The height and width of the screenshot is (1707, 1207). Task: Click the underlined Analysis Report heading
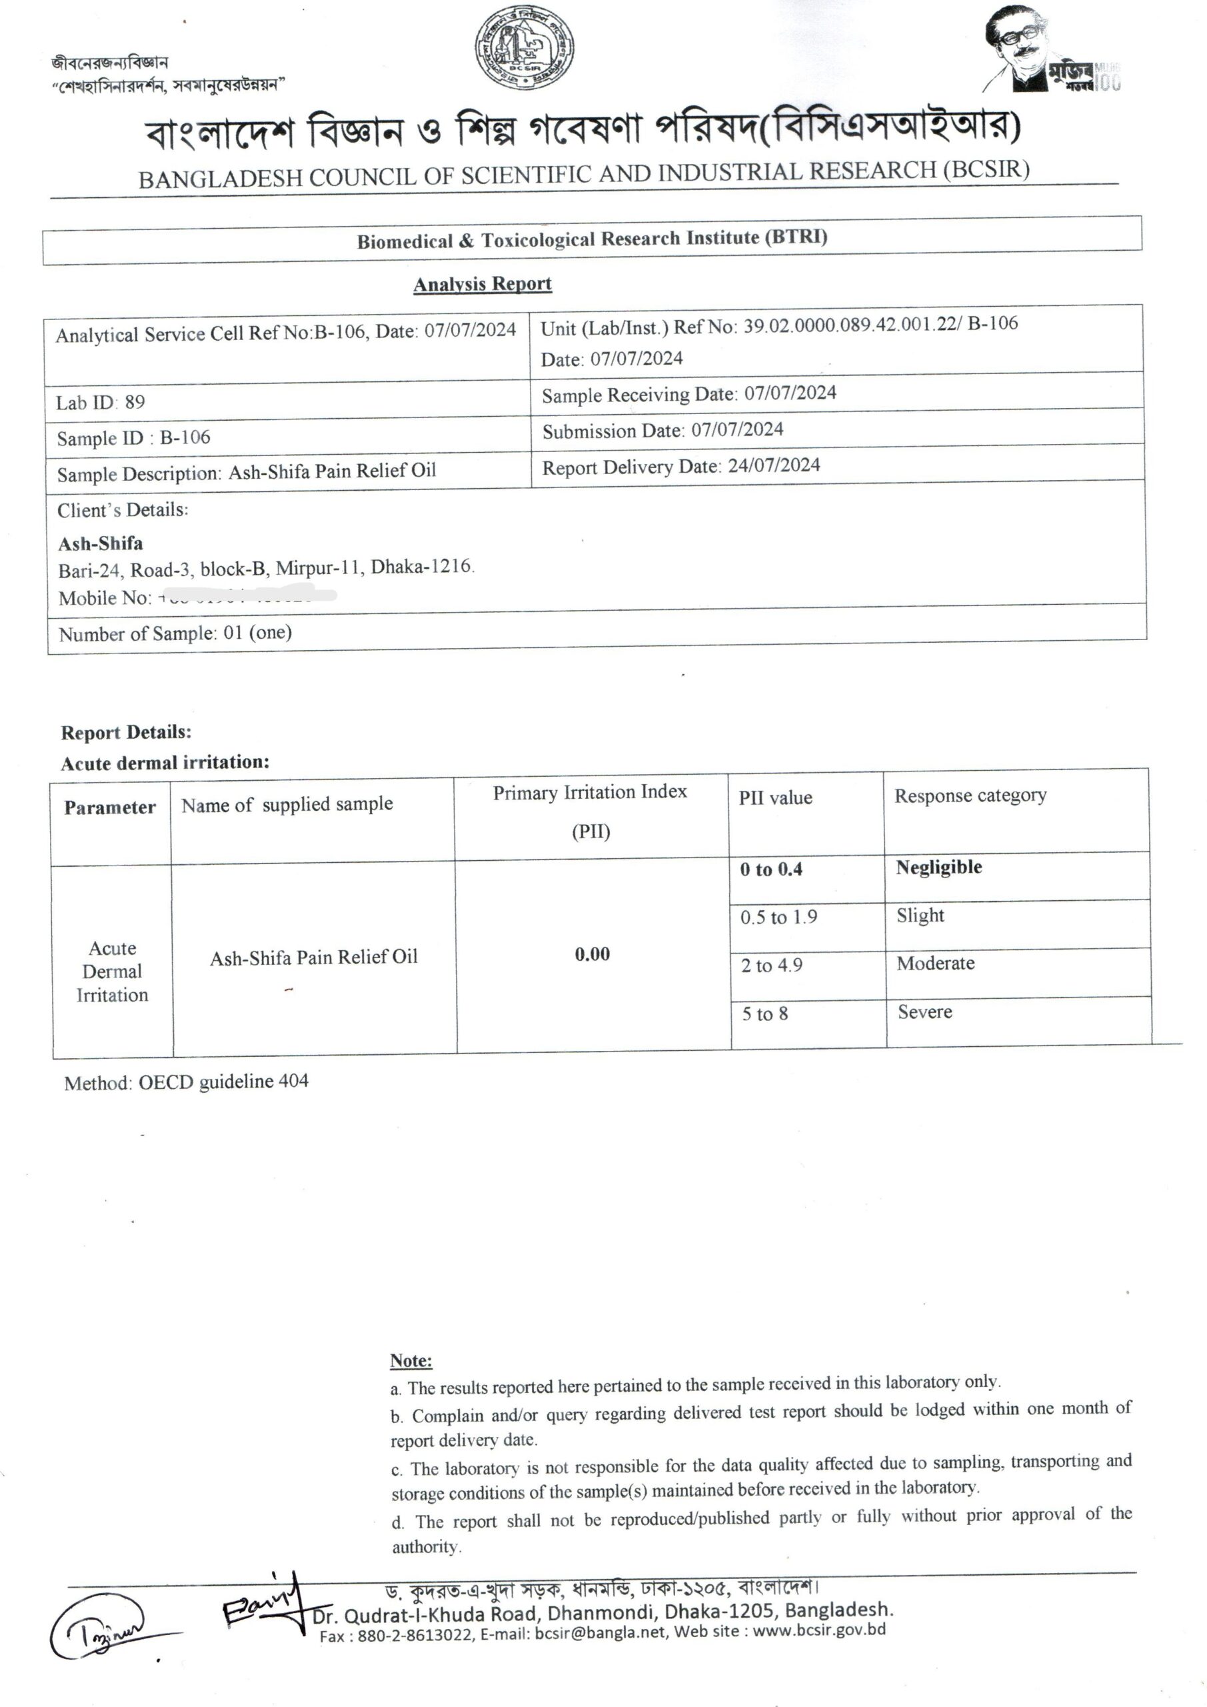(x=483, y=284)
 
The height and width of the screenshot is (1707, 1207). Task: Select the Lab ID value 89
(x=135, y=402)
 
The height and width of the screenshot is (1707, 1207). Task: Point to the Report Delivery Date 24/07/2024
(x=774, y=466)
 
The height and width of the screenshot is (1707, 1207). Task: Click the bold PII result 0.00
(x=593, y=955)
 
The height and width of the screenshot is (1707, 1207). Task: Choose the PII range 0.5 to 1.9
(x=778, y=917)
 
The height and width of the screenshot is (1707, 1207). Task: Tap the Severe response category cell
(x=924, y=1012)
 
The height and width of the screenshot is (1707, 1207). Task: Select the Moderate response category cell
(x=935, y=964)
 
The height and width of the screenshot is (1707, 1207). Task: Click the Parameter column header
(x=110, y=808)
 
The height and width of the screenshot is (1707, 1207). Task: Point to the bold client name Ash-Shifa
(x=101, y=543)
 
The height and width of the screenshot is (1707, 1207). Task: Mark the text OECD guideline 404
(x=223, y=1082)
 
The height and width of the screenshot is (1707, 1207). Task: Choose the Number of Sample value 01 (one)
(x=257, y=633)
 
